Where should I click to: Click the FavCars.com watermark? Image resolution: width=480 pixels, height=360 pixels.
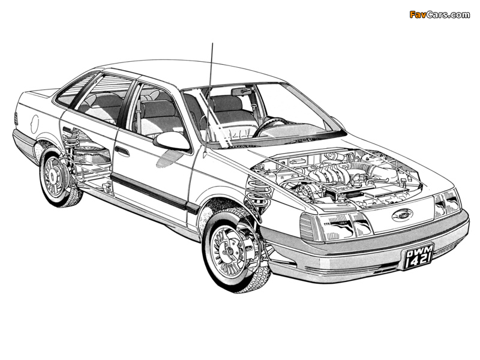(x=440, y=14)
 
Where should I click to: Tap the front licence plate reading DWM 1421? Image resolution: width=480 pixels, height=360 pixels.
(x=418, y=257)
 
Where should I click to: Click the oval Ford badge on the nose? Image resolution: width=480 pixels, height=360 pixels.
(x=402, y=215)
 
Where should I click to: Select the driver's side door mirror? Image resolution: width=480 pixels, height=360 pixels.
(x=172, y=141)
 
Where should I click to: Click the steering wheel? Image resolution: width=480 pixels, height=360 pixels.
(x=269, y=125)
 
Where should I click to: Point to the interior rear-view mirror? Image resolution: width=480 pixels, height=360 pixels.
(x=242, y=91)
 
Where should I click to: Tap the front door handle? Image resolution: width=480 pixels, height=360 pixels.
(x=122, y=151)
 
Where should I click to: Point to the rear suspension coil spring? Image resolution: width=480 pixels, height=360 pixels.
(x=70, y=139)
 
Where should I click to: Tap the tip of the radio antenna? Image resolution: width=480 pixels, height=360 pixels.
(x=212, y=43)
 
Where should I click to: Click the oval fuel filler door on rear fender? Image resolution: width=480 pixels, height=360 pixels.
(x=35, y=124)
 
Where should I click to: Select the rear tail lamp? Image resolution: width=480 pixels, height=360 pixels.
(x=16, y=119)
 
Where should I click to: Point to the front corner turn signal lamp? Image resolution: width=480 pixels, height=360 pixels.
(x=309, y=227)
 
